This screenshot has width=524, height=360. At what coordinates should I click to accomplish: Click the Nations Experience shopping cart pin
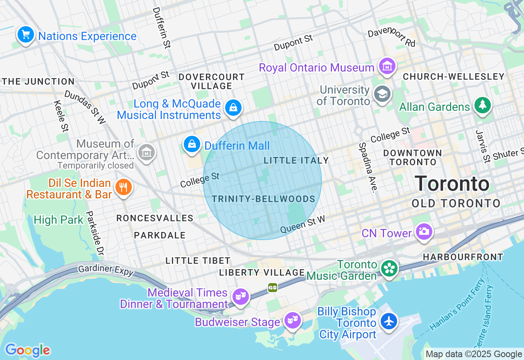coord(26,34)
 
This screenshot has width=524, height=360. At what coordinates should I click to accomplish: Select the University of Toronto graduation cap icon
coord(382,94)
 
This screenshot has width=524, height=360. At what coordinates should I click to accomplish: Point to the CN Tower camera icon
coord(424,232)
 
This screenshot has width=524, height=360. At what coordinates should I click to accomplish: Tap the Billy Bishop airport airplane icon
coord(388,321)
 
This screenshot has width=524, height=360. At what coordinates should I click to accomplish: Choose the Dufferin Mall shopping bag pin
coord(191,144)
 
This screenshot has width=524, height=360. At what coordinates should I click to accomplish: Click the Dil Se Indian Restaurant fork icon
coord(123,188)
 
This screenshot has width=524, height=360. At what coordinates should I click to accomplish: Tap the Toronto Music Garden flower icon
coord(389,269)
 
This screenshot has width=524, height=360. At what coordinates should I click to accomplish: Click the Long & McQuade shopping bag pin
coord(233,108)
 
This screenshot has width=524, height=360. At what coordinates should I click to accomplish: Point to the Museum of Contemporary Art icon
coord(146,152)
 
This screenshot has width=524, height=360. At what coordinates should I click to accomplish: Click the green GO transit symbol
coord(273,288)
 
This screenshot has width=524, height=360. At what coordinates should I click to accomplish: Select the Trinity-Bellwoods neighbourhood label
coord(263,199)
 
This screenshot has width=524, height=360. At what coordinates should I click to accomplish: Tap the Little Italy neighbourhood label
coord(296,160)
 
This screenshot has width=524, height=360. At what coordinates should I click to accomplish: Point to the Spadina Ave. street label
coord(367,167)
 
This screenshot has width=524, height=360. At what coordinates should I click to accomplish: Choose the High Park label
coord(58,220)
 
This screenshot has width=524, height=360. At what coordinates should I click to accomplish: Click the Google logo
coord(27,350)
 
